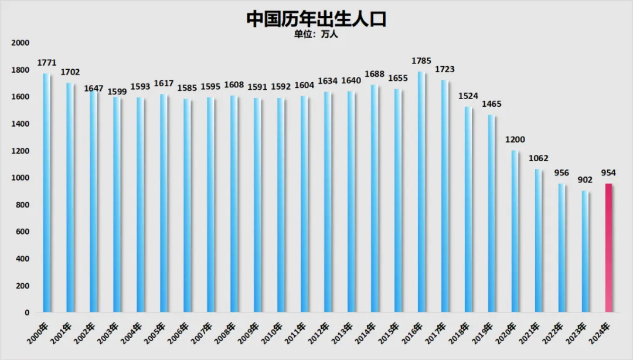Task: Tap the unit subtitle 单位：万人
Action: (316, 34)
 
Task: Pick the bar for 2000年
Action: (46, 193)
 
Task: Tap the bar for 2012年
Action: (327, 202)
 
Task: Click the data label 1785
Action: (421, 60)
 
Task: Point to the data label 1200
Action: (515, 140)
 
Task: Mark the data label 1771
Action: (46, 62)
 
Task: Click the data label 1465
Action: (491, 104)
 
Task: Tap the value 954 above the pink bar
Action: (608, 173)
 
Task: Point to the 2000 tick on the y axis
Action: (20, 43)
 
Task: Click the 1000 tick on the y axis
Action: (20, 178)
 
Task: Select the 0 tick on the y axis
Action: (26, 313)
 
